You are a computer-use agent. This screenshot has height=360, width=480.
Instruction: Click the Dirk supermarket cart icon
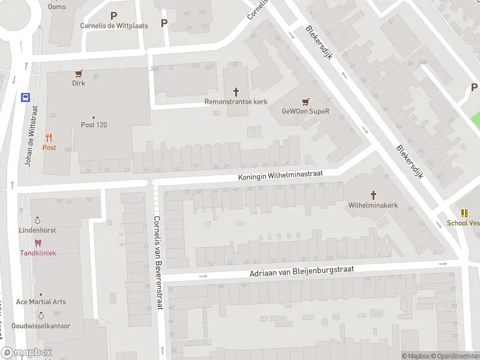tap(79, 74)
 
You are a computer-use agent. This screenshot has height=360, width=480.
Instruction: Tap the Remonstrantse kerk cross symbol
tap(236, 92)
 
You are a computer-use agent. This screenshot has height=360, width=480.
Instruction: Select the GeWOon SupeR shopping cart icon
tap(306, 101)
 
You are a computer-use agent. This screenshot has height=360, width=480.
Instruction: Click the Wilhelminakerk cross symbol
tap(373, 195)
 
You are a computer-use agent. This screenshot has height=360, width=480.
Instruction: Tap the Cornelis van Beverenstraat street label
tap(158, 262)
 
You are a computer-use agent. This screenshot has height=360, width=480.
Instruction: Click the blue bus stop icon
tap(26, 97)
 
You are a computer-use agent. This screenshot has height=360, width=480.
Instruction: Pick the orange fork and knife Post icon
tap(49, 137)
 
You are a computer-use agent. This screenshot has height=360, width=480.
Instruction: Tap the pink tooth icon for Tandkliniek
tap(38, 243)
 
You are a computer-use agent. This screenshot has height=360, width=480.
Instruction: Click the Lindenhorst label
tap(37, 230)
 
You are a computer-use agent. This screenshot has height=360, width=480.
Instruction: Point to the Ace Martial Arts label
tap(41, 302)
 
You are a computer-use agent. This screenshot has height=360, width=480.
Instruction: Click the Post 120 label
tap(94, 125)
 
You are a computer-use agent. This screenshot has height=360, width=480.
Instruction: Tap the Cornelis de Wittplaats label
tap(113, 26)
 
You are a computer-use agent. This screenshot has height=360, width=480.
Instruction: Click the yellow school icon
tap(464, 213)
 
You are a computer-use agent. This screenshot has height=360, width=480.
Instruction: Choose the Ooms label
tap(57, 7)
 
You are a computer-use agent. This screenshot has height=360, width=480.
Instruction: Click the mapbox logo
tap(26, 353)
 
